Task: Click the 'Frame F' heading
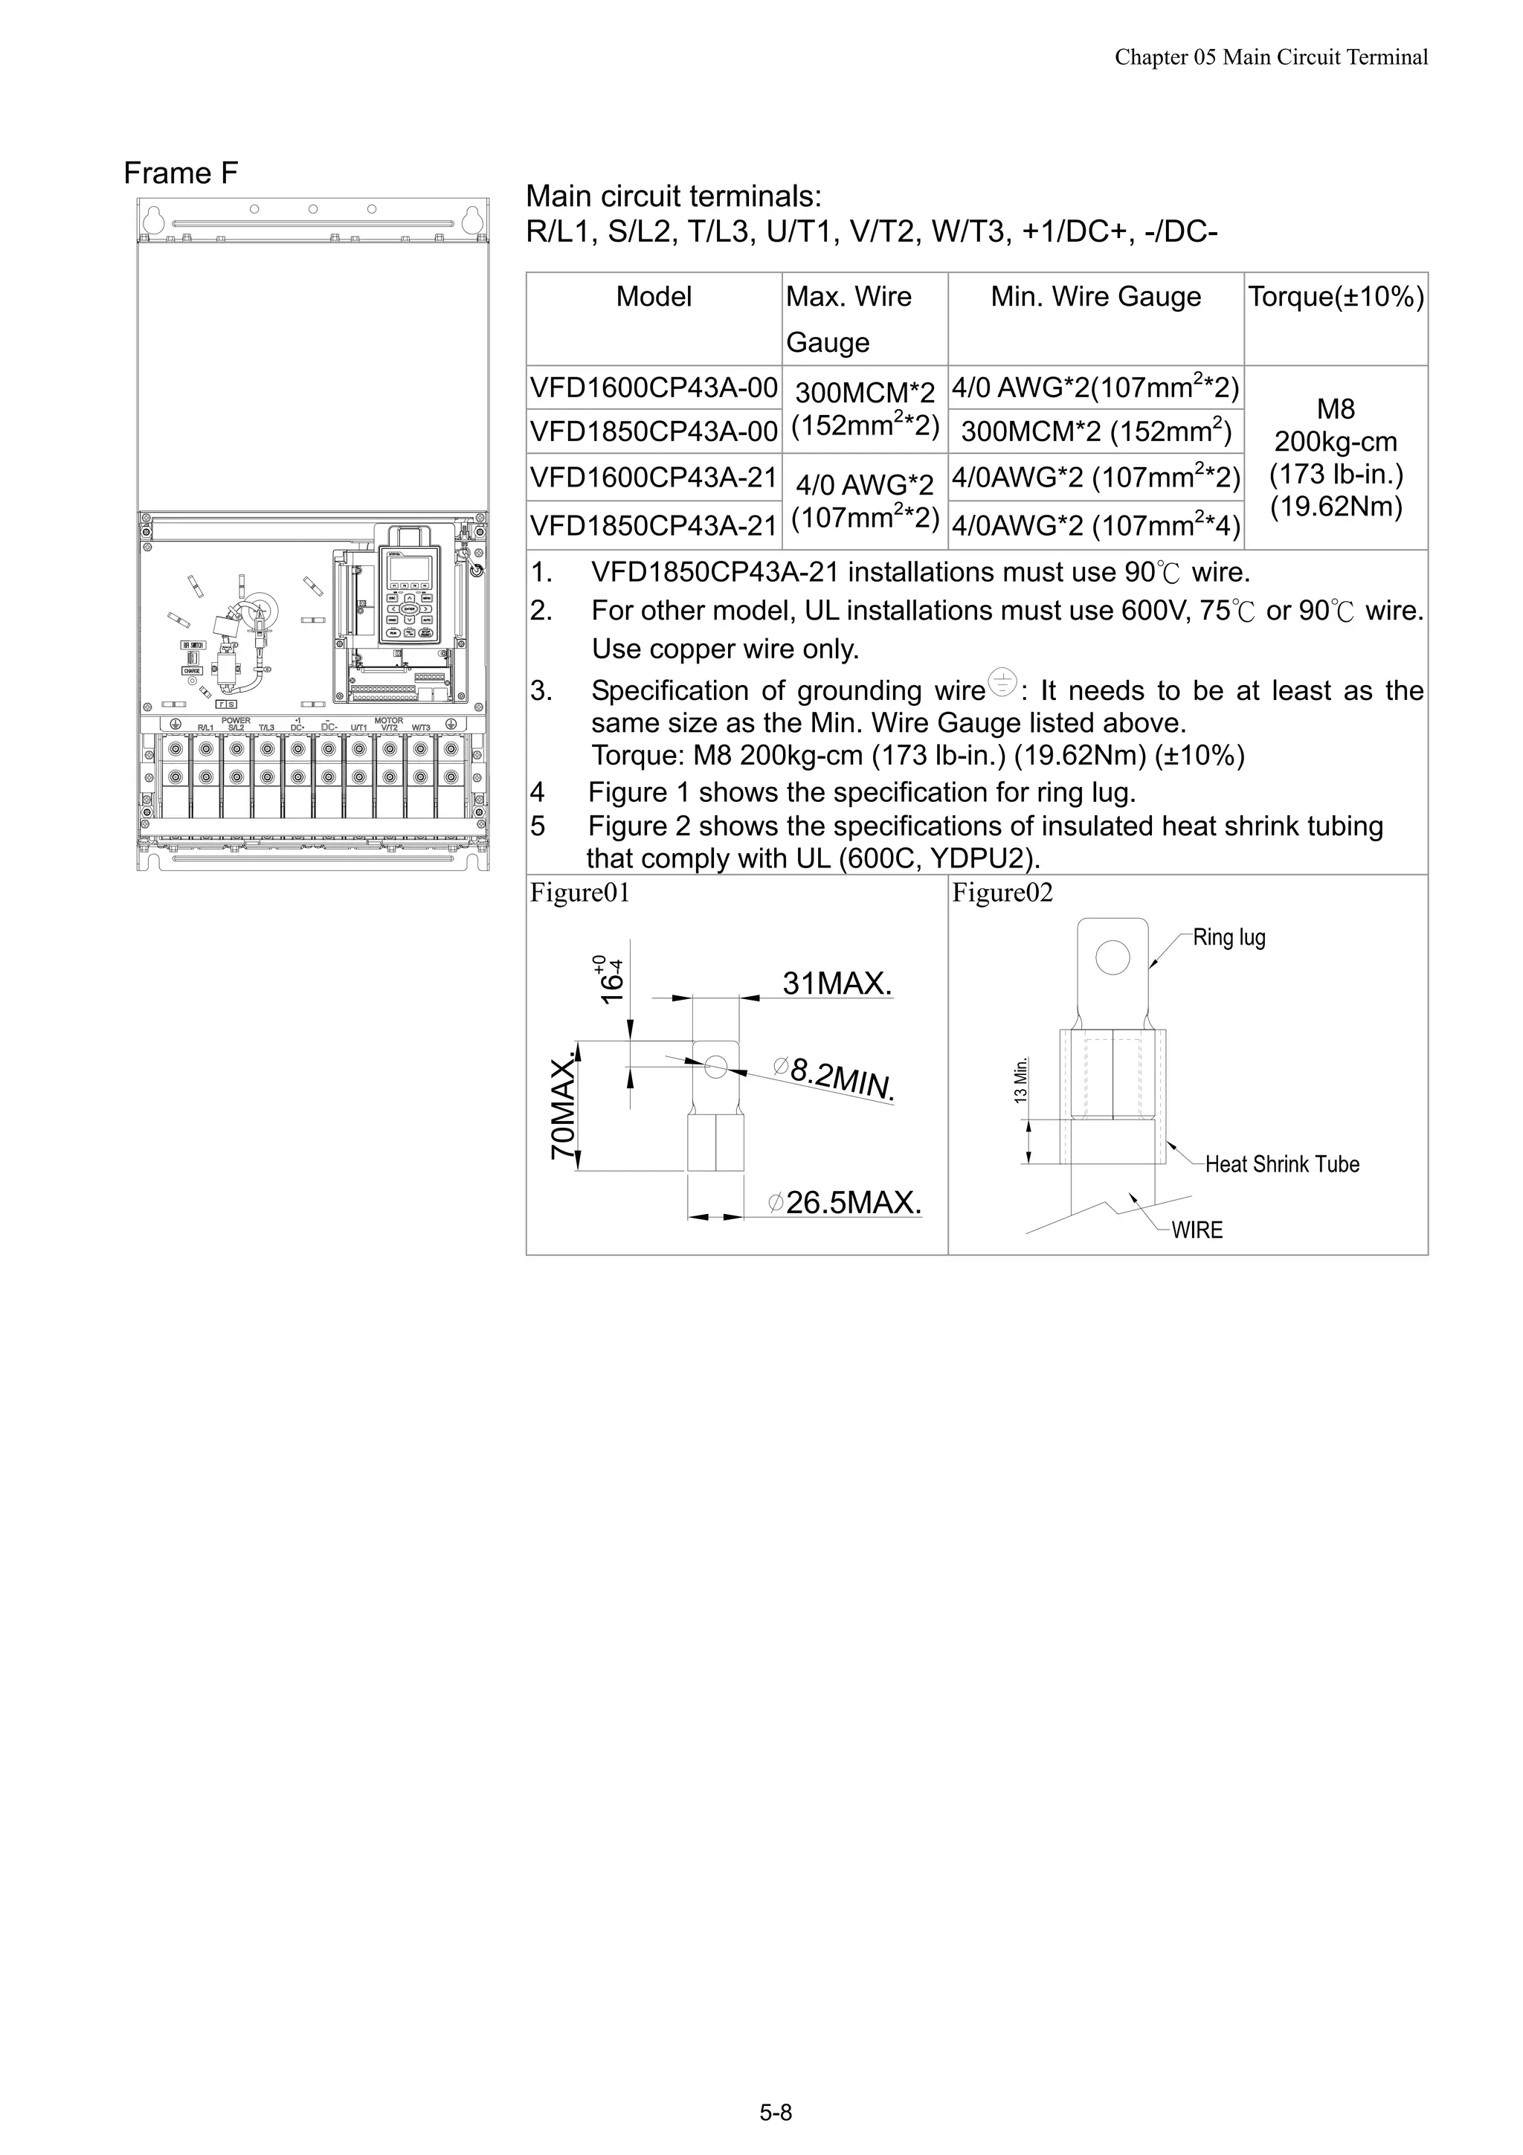tap(181, 173)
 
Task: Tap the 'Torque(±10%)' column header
tap(1336, 297)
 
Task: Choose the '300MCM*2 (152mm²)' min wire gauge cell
tap(1095, 431)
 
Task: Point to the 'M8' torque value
tap(1336, 409)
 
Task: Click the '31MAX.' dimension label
tap(837, 983)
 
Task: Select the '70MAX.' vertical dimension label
tap(563, 1108)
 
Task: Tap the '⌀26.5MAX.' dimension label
tap(845, 1202)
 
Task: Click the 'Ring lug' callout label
tap(1229, 937)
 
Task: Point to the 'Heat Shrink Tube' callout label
tap(1282, 1165)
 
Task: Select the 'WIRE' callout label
tap(1197, 1230)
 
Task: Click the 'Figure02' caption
tap(1002, 893)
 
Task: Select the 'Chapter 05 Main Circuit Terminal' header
tap(1271, 57)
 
